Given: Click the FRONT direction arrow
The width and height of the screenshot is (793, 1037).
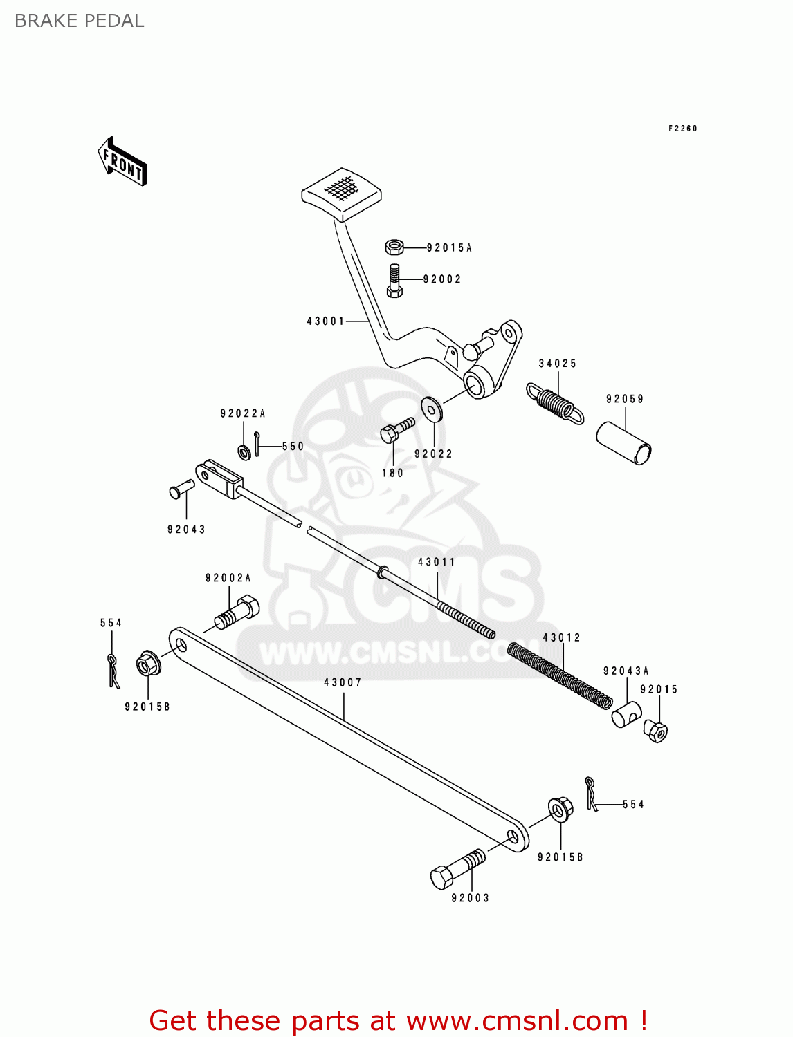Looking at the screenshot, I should (x=122, y=162).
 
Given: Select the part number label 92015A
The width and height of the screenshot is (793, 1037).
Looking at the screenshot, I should (x=449, y=247).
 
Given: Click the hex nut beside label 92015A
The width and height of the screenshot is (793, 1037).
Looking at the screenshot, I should (x=394, y=247).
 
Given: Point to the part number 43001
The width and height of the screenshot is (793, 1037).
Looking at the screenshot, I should (x=326, y=321).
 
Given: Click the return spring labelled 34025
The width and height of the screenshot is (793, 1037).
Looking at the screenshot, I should (x=556, y=402).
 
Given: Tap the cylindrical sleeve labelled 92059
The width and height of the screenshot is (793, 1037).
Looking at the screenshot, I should (x=624, y=443).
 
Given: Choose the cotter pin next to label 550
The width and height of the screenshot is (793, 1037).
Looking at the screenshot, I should (x=257, y=444).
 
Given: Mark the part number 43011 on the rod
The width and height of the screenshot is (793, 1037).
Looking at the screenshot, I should (x=437, y=562).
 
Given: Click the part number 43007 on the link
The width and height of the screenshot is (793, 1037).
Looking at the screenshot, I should (x=343, y=682).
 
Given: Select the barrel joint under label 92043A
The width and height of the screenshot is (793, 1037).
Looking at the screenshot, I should (x=626, y=713).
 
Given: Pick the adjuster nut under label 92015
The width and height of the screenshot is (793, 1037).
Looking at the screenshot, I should (x=656, y=730).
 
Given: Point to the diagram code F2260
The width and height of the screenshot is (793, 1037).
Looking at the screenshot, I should (x=683, y=129).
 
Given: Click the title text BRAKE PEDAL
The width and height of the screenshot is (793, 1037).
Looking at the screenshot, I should (x=80, y=21).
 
